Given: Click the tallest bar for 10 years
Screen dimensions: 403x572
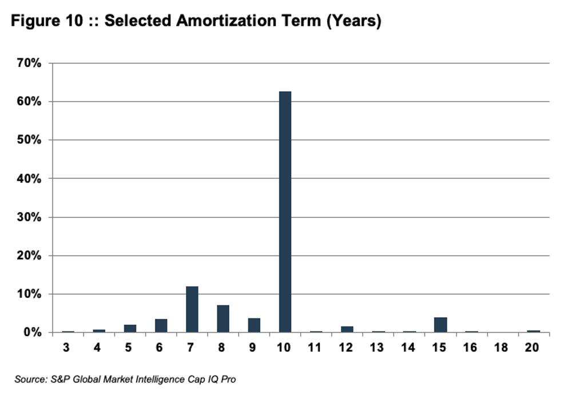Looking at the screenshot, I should (x=285, y=212).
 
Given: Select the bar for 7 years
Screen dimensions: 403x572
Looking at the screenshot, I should (x=192, y=309).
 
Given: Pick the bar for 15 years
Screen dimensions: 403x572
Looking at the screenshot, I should (x=440, y=325).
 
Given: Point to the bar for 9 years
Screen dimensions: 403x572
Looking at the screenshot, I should (x=254, y=325).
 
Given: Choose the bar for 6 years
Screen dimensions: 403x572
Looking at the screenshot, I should (x=161, y=326).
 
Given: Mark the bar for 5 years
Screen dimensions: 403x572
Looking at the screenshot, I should (x=130, y=328).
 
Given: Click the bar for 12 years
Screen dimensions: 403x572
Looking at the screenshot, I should (x=347, y=329).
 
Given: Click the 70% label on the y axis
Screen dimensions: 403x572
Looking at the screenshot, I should (x=29, y=63).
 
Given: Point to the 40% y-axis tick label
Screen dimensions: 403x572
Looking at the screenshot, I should (x=29, y=178).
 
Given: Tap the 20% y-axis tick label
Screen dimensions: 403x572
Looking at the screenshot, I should (x=29, y=256).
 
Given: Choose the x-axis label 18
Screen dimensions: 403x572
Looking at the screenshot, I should (x=502, y=348).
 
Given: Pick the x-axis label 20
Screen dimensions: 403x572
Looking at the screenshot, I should (x=533, y=348).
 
